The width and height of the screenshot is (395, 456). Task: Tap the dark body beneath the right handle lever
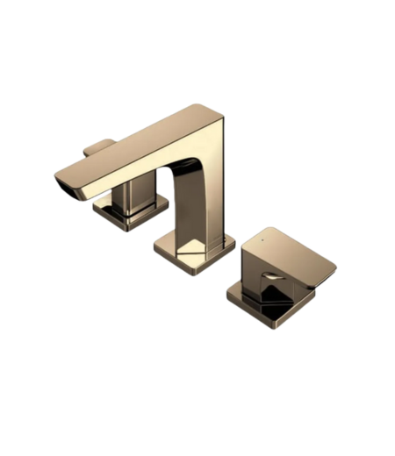click(x=263, y=285)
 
